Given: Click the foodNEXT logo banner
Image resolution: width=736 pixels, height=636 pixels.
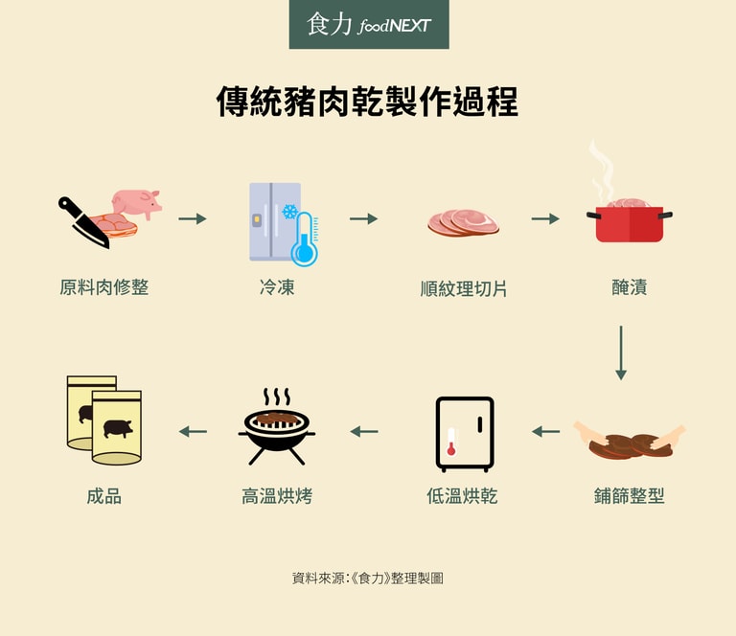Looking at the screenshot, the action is pyautogui.click(x=369, y=24).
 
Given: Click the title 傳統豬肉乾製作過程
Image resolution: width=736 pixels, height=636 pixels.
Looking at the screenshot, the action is pyautogui.click(x=368, y=102).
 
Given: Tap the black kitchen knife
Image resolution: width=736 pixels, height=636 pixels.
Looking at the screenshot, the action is pyautogui.click(x=83, y=222).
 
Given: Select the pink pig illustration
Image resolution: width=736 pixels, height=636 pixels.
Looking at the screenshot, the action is pyautogui.click(x=137, y=203).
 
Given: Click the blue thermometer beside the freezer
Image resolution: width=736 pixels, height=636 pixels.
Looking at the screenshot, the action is pyautogui.click(x=304, y=239).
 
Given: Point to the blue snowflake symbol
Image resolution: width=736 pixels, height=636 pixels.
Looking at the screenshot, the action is pyautogui.click(x=290, y=212).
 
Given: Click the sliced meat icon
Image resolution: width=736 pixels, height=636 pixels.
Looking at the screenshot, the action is pyautogui.click(x=463, y=222).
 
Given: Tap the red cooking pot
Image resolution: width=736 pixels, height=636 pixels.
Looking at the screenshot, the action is pyautogui.click(x=630, y=223).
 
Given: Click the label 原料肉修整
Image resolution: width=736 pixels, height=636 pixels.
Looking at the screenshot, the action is pyautogui.click(x=104, y=287).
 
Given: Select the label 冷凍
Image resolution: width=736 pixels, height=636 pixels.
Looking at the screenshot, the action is pyautogui.click(x=277, y=287).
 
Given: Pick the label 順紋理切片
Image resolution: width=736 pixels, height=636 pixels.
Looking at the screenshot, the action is pyautogui.click(x=463, y=288).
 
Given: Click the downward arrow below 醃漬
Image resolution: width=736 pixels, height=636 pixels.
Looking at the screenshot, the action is pyautogui.click(x=621, y=352).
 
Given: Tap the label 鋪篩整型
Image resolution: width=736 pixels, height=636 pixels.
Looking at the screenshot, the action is pyautogui.click(x=629, y=496).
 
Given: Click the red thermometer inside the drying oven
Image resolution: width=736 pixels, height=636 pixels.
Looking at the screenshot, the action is pyautogui.click(x=451, y=442).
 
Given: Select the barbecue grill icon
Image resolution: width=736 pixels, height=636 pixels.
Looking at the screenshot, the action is pyautogui.click(x=276, y=426).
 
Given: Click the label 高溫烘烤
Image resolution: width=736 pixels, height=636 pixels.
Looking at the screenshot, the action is pyautogui.click(x=277, y=496).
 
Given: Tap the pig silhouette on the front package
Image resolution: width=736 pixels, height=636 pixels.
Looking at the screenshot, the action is pyautogui.click(x=117, y=429).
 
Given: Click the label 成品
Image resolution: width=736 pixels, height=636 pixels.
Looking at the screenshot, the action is pyautogui.click(x=104, y=496).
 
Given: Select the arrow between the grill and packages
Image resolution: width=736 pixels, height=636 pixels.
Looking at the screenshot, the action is pyautogui.click(x=193, y=432).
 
